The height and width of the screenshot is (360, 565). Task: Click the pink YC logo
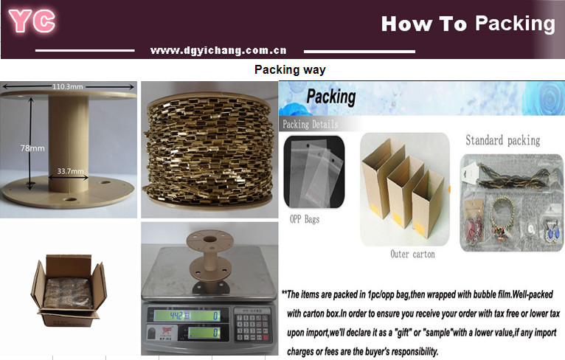tap(32, 21)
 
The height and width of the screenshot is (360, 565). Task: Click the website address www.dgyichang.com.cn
tap(218, 50)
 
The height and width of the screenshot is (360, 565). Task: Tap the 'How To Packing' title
tap(468, 24)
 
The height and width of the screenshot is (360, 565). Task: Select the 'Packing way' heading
tap(290, 69)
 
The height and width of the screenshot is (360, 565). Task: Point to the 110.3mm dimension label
tap(68, 86)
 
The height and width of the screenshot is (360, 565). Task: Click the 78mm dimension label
tap(32, 148)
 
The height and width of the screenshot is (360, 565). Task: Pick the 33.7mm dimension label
tap(70, 171)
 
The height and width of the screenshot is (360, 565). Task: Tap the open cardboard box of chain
tap(69, 291)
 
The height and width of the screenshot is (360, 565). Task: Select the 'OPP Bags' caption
tap(305, 219)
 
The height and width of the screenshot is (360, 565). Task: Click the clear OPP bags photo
tap(314, 172)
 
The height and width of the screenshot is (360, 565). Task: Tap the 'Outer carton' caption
tap(412, 254)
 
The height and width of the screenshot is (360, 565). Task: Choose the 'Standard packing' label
tap(502, 140)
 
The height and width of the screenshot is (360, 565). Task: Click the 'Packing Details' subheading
tap(311, 125)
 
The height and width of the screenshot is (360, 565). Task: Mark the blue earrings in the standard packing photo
tap(551, 231)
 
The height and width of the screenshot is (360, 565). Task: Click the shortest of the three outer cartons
tap(429, 205)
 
